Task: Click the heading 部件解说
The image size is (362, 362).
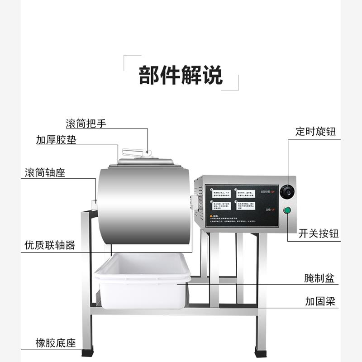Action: coord(181,75)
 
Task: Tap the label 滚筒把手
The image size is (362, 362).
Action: coord(86,124)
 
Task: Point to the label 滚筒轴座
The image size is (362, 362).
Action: coord(45,173)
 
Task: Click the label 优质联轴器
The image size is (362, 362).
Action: coord(49,245)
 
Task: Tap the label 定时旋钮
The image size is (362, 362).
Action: coord(315,132)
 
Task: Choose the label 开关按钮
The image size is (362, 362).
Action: coord(319,233)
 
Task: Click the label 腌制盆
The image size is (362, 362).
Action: coord(319,278)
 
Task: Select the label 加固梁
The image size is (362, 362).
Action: coord(320,301)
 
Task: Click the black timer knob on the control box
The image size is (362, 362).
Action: coord(287,192)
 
